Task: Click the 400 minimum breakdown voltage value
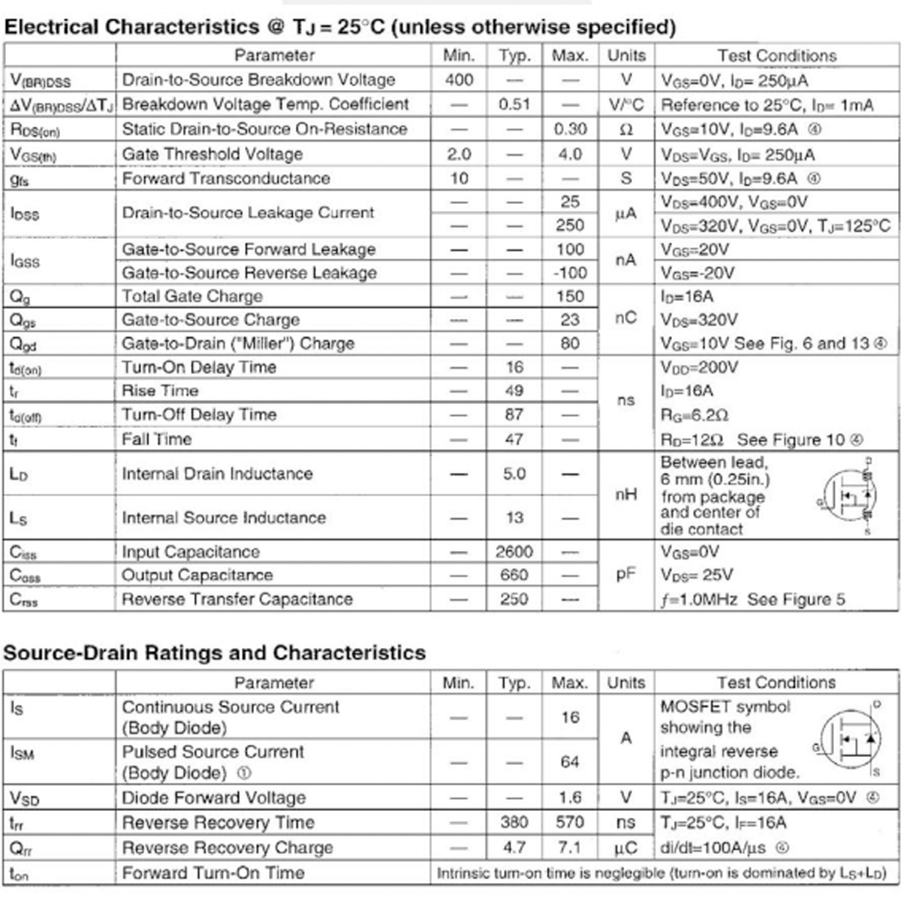click(459, 80)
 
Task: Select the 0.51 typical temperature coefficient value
click(514, 104)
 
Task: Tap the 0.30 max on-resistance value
click(570, 129)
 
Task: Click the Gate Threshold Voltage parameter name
click(212, 154)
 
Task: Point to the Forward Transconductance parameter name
click(226, 179)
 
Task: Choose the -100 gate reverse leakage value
click(569, 273)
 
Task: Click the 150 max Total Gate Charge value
click(570, 297)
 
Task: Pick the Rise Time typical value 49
click(514, 391)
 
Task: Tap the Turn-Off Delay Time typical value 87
click(514, 415)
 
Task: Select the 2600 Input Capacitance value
click(514, 553)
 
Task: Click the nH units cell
click(626, 495)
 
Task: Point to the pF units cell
click(626, 575)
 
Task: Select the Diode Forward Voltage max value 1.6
click(570, 797)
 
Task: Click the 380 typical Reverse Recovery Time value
click(514, 823)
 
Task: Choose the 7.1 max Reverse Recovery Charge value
click(570, 848)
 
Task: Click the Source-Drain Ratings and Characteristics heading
click(215, 653)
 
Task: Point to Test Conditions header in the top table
click(776, 56)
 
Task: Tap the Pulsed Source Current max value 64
click(570, 762)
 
